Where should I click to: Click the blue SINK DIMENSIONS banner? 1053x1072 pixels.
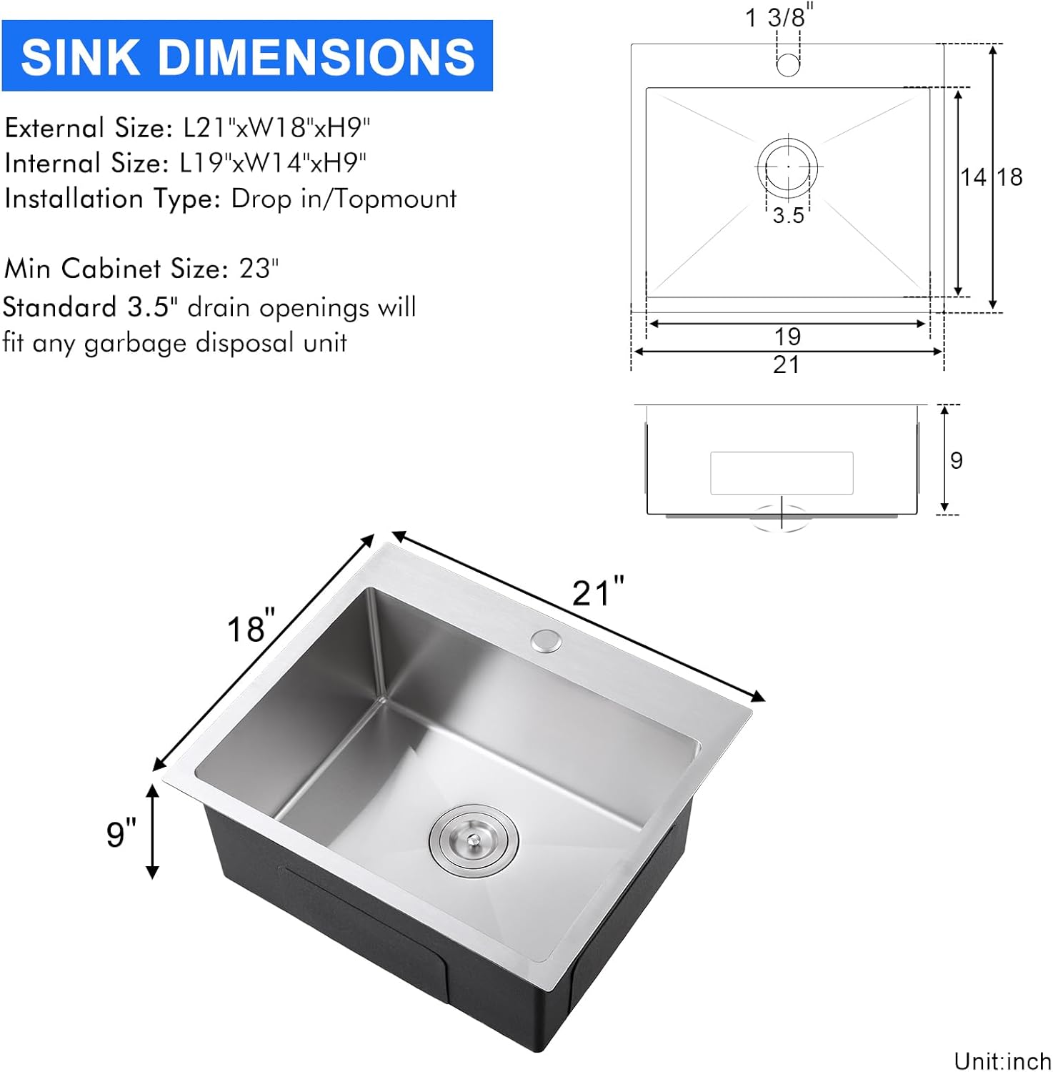(x=247, y=56)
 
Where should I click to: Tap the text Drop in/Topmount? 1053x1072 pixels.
(x=344, y=199)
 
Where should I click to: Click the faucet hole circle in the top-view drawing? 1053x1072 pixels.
(x=788, y=65)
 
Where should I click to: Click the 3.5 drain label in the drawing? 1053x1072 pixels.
(x=788, y=215)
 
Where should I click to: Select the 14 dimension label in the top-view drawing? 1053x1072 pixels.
(x=972, y=177)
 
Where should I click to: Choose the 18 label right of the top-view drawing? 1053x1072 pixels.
(x=1009, y=177)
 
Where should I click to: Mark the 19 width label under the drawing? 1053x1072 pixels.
(x=787, y=336)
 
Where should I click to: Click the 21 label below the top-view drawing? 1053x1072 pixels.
(x=786, y=364)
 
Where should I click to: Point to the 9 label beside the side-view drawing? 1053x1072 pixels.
(x=957, y=460)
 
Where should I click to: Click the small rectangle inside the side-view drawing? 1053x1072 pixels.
(x=782, y=472)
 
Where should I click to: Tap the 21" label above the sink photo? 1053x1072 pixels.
(x=599, y=592)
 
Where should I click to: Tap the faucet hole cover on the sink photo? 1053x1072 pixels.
(x=547, y=640)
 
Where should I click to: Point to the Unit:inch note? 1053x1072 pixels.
(x=1002, y=1061)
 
